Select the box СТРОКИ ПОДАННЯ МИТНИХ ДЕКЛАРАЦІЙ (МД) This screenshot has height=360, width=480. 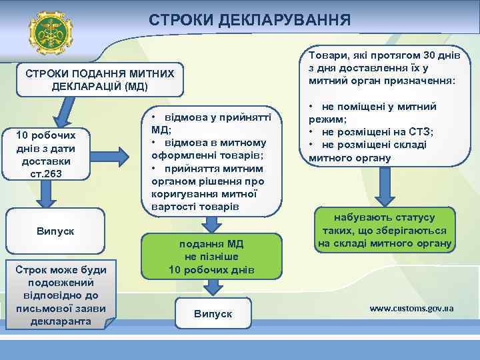pyautogui.click(x=99, y=80)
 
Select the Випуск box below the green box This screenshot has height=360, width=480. pyautogui.click(x=213, y=313)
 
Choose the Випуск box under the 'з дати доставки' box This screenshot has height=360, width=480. pyautogui.click(x=55, y=231)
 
